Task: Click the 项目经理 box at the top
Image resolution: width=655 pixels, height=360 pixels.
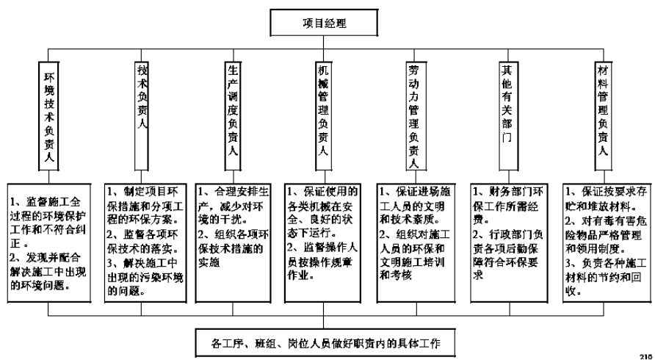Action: coord(325,22)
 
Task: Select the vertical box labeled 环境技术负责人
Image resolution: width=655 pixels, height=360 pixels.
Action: coord(49,118)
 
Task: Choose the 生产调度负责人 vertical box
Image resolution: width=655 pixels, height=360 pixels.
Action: coord(232,110)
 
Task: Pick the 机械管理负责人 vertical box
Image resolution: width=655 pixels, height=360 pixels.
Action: coord(323,110)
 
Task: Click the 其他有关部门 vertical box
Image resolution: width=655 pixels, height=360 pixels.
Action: coord(506,103)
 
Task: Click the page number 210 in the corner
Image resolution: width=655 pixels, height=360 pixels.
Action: coord(645,355)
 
